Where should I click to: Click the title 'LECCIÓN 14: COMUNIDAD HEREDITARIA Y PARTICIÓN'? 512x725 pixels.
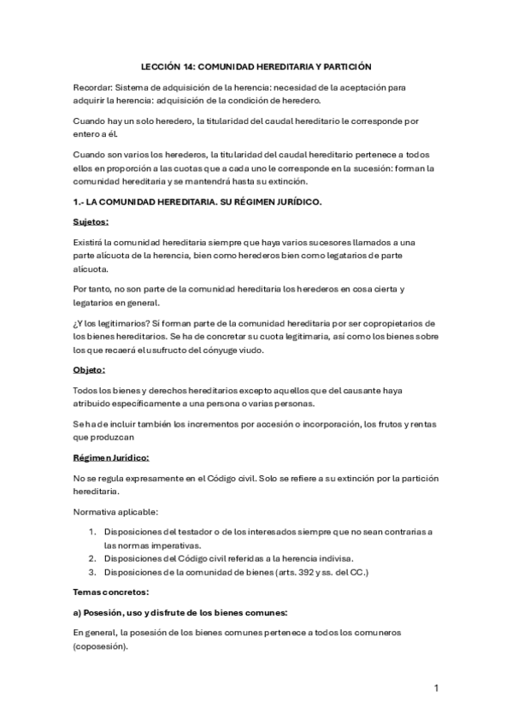(256, 66)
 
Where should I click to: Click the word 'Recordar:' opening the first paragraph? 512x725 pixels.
(92, 86)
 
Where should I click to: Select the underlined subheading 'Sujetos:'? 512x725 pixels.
(91, 221)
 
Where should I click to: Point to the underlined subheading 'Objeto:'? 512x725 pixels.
(89, 370)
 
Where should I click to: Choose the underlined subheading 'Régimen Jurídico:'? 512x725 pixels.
(111, 457)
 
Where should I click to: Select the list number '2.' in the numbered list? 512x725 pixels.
(92, 558)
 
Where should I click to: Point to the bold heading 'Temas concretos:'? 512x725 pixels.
(111, 592)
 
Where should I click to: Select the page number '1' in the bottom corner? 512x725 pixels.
(436, 688)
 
